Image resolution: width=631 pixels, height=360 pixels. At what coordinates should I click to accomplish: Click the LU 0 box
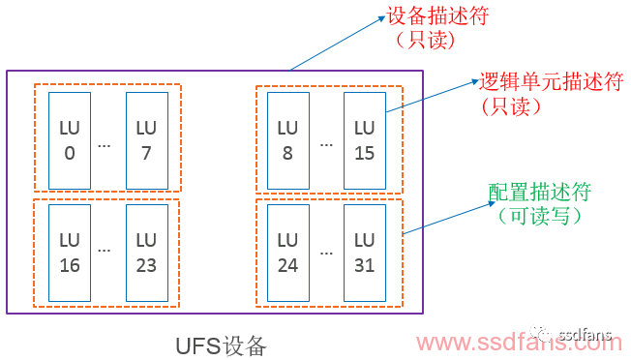[70, 140]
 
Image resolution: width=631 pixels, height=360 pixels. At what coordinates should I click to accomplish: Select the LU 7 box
[146, 140]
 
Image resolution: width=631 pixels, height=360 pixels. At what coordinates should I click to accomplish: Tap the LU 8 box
[287, 140]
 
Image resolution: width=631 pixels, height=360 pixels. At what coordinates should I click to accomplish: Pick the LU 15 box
[364, 140]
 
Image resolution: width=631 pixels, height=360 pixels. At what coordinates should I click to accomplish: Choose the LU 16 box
[70, 252]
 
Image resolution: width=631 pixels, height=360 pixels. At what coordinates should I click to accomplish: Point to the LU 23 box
[146, 252]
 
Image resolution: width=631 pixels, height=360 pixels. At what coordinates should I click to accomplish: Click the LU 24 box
[287, 252]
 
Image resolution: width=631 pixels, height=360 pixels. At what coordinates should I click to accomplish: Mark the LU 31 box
[364, 252]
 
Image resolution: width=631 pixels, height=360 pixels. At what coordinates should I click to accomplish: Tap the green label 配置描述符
[540, 192]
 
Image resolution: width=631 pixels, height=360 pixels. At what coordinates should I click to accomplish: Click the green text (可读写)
[540, 216]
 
